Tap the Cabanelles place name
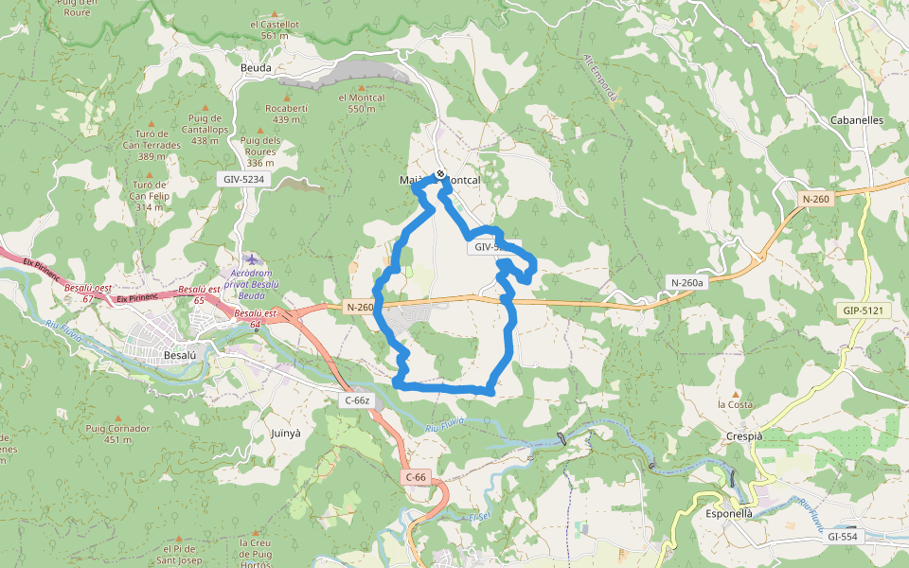pyautogui.click(x=856, y=120)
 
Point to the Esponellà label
pyautogui.click(x=729, y=513)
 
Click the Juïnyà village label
pyautogui.click(x=285, y=432)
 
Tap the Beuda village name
pyautogui.click(x=256, y=68)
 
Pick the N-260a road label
pyautogui.click(x=687, y=282)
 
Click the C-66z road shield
pyautogui.click(x=357, y=400)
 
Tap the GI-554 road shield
pyautogui.click(x=841, y=537)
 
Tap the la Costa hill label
pyautogui.click(x=735, y=404)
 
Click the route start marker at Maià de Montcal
pyautogui.click(x=440, y=173)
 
